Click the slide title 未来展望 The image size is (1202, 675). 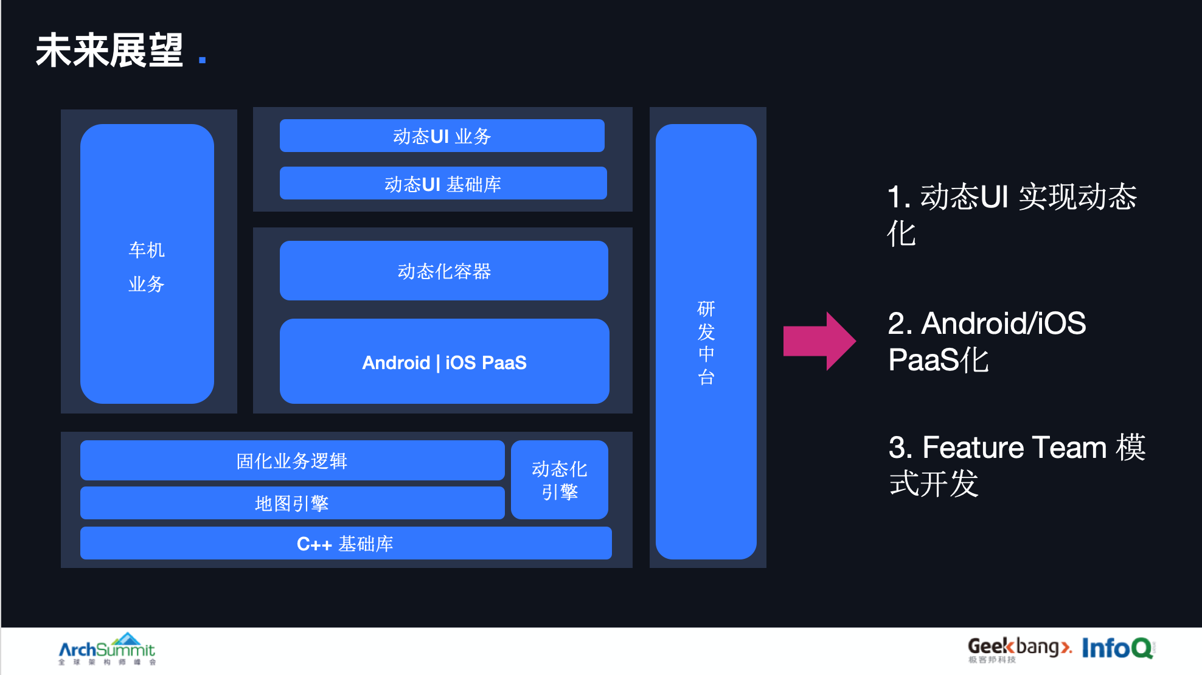[x=109, y=50]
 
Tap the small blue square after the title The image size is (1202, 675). [x=203, y=60]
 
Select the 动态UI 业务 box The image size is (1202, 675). [x=442, y=136]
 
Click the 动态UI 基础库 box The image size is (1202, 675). [x=443, y=183]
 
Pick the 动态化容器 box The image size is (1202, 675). [x=444, y=271]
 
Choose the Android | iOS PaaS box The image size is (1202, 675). [x=444, y=362]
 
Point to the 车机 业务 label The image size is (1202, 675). [x=147, y=266]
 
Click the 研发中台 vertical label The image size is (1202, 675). [x=706, y=342]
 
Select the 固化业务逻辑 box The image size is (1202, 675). [x=292, y=460]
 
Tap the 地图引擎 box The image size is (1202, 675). [x=292, y=503]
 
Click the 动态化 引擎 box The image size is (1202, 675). [x=560, y=480]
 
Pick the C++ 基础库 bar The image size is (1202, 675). [x=346, y=543]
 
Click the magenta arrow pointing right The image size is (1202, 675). [x=819, y=341]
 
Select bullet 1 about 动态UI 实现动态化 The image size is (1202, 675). [x=1012, y=215]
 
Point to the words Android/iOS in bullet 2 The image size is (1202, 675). [x=1004, y=323]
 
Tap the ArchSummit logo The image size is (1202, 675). [x=107, y=649]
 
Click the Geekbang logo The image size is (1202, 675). [x=1018, y=648]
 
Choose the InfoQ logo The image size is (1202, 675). [x=1117, y=648]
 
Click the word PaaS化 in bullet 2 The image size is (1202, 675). [x=938, y=360]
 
